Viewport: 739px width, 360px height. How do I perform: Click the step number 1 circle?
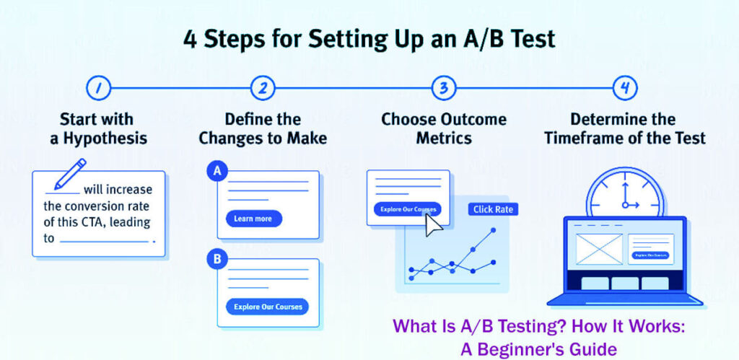(x=97, y=88)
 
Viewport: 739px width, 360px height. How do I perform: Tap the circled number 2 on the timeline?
(x=263, y=88)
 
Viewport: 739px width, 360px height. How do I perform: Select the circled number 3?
(x=444, y=88)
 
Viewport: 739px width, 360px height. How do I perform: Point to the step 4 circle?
(x=624, y=88)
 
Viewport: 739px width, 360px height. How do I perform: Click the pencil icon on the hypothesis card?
(x=69, y=175)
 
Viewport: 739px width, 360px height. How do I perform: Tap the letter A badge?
(x=216, y=171)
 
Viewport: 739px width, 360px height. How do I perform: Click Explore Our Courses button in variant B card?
(x=267, y=306)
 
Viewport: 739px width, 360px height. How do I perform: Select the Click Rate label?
(x=493, y=209)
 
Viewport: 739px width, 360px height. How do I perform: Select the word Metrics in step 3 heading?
(x=444, y=138)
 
